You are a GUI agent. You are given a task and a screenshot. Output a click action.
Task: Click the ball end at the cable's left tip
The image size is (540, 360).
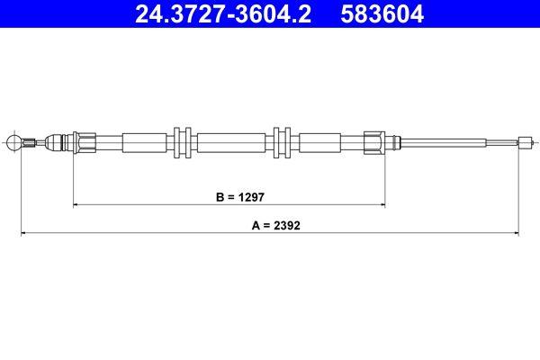(x=13, y=141)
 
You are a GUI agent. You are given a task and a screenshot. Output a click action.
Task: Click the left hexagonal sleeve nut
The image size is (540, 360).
(x=86, y=141)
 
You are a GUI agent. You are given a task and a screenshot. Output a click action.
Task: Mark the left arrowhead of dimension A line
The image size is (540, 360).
(x=23, y=235)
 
